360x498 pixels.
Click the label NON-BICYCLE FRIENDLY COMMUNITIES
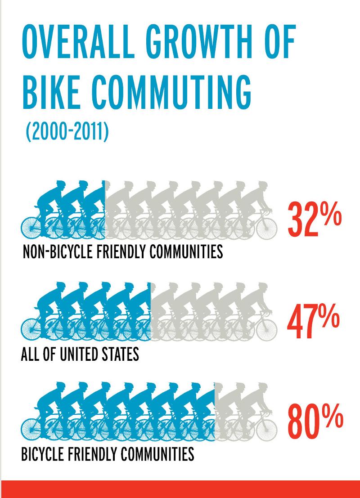point(122,252)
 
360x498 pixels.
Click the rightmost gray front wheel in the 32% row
point(267,228)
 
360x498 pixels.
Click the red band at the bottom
point(180,489)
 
